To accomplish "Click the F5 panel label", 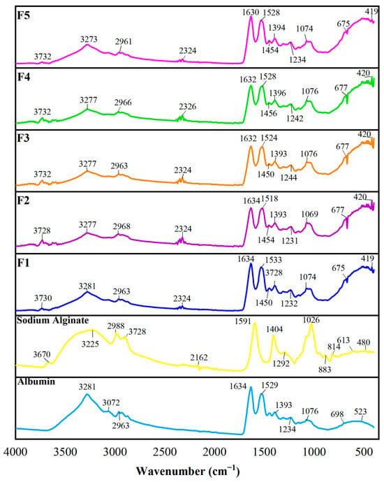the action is point(24,15).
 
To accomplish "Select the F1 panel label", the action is point(23,263).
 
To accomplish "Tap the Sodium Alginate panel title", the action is point(53,321).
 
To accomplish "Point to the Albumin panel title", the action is point(36,381).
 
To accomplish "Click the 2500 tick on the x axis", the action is point(164,452).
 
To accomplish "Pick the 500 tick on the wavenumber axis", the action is point(363,452).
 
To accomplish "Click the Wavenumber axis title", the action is point(188,471).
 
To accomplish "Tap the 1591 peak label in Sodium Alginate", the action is point(243,321).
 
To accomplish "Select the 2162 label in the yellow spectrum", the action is point(199,358).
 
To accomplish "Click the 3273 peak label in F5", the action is point(89,39).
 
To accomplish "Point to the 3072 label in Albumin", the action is point(111,402).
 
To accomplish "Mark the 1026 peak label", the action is point(311,320).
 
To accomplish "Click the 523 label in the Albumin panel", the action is point(360,411).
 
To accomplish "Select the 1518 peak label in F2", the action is point(269,199).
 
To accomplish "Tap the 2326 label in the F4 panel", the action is point(188,107).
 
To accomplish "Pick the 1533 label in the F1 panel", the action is point(274,260).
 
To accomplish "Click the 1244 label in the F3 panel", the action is point(288,177).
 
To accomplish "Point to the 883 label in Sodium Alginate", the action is point(325,370).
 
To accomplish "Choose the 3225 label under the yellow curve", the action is point(90,344).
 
